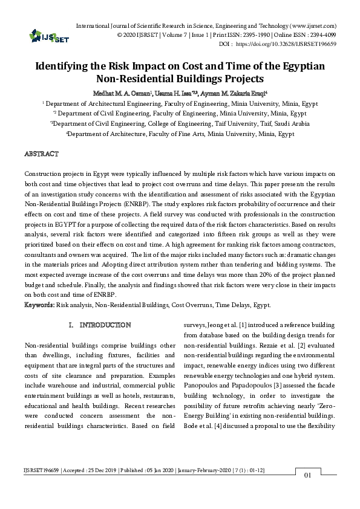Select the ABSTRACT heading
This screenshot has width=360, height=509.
pyautogui.click(x=41, y=154)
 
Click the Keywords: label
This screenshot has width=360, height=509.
pyautogui.click(x=39, y=305)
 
